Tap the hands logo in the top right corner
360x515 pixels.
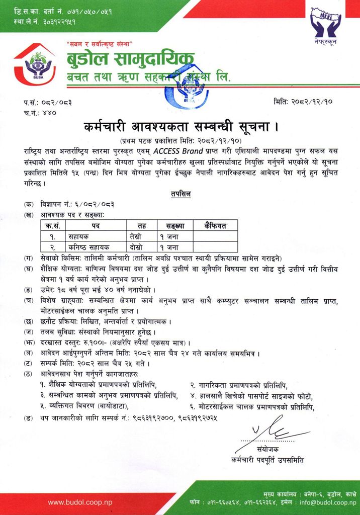click(325, 24)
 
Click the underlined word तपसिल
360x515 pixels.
click(180, 193)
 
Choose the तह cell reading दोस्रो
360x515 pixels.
click(135, 247)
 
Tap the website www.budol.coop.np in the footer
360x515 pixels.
click(80, 502)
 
